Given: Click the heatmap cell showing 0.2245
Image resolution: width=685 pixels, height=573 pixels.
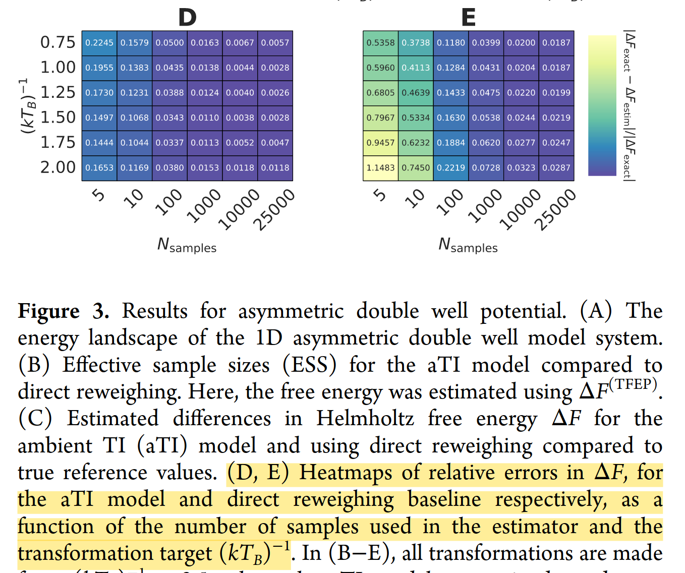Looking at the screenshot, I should pyautogui.click(x=99, y=43).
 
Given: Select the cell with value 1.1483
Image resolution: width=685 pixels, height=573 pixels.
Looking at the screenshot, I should pyautogui.click(x=380, y=168).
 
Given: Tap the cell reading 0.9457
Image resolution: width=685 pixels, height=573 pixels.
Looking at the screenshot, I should pyautogui.click(x=380, y=143).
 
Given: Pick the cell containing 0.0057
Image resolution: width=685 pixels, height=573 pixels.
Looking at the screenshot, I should pyautogui.click(x=275, y=43).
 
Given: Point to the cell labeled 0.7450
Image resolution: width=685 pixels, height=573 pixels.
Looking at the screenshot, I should pyautogui.click(x=416, y=168).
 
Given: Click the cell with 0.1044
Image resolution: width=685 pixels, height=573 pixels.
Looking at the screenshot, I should pyautogui.click(x=135, y=143).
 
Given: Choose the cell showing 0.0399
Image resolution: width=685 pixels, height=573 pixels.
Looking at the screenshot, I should pyautogui.click(x=486, y=43).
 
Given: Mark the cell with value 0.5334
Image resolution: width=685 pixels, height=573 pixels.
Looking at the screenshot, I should pyautogui.click(x=416, y=118).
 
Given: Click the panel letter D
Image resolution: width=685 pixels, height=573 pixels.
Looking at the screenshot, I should pyautogui.click(x=187, y=18).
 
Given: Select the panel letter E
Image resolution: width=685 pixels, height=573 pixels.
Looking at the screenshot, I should pyautogui.click(x=469, y=18).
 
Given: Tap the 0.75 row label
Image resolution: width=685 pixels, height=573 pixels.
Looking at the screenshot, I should pyautogui.click(x=58, y=42).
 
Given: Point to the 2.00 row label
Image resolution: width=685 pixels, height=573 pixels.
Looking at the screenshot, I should pyautogui.click(x=58, y=167).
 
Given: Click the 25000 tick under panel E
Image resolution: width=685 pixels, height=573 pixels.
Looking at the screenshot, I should pyautogui.click(x=556, y=209).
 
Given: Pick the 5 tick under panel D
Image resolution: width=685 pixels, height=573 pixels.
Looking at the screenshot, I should pyautogui.click(x=99, y=195).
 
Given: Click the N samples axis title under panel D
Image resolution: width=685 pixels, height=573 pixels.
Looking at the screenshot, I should pyautogui.click(x=187, y=246).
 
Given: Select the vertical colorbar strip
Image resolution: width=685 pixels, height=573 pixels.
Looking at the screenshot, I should pyautogui.click(x=602, y=105).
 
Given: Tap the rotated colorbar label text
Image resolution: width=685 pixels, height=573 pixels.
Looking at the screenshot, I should pyautogui.click(x=629, y=105).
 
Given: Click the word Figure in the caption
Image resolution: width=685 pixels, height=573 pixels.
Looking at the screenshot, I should pyautogui.click(x=48, y=311).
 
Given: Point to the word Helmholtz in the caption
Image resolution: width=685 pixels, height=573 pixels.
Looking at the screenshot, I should pyautogui.click(x=365, y=419).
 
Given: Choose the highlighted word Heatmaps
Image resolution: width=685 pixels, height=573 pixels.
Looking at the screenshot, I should pyautogui.click(x=346, y=473).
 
